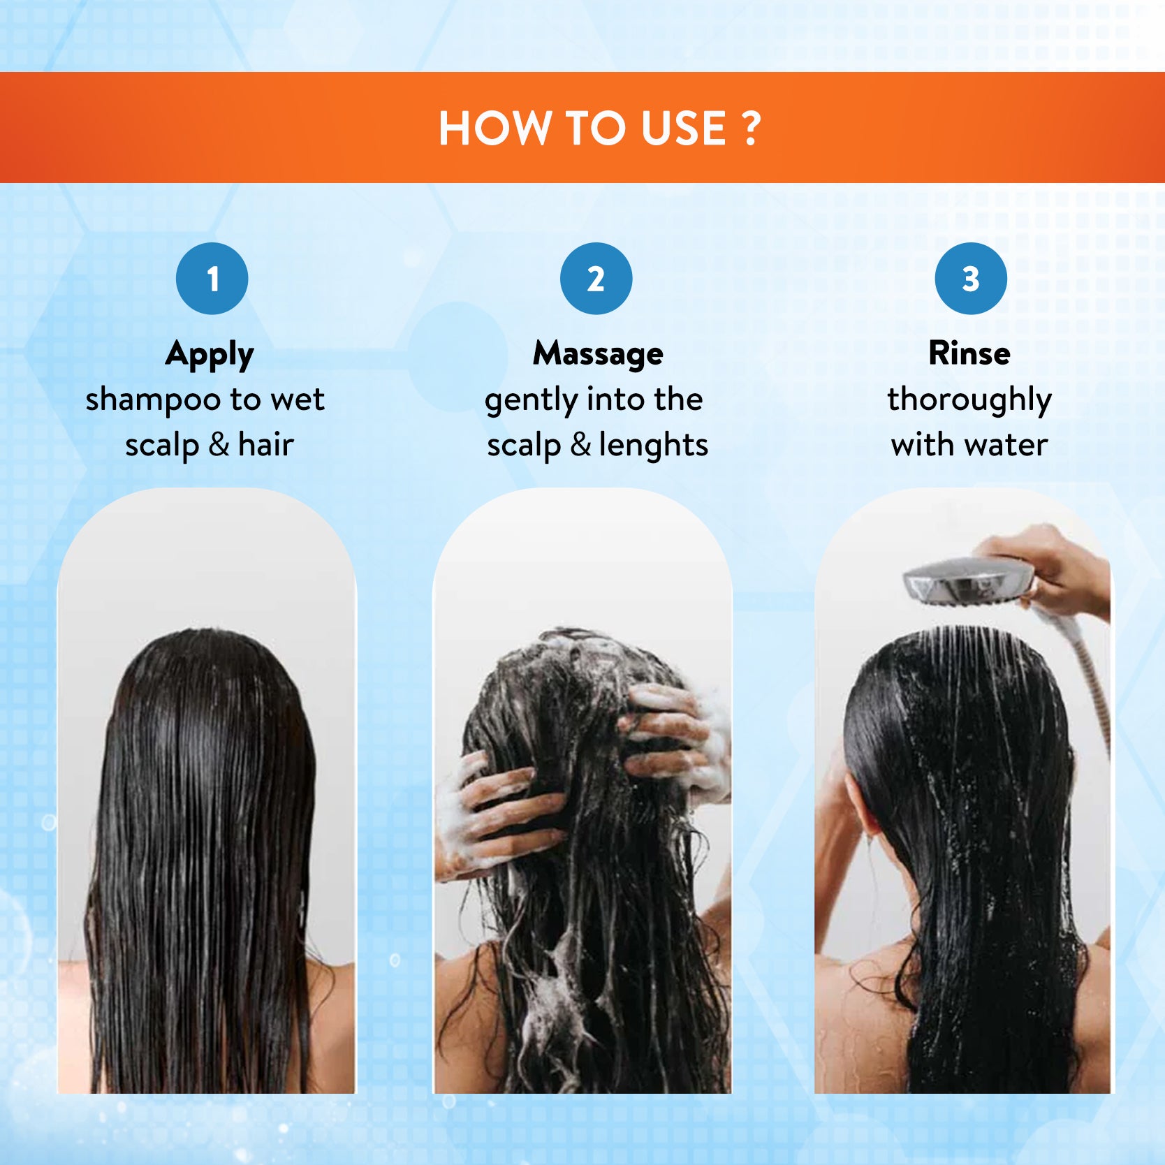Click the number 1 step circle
(x=212, y=279)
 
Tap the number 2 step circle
(x=596, y=279)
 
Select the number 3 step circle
(x=971, y=279)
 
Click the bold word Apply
(x=210, y=356)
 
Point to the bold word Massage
(x=599, y=355)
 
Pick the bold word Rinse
(x=969, y=353)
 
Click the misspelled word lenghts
(x=653, y=446)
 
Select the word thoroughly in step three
(x=969, y=401)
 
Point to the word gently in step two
(x=530, y=401)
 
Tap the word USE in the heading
(x=674, y=128)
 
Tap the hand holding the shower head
(x=1048, y=569)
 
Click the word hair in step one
(x=266, y=446)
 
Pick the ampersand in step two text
(x=580, y=445)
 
